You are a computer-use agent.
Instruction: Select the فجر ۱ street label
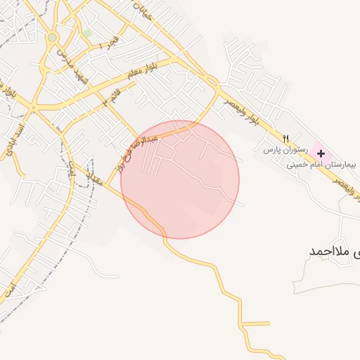105,44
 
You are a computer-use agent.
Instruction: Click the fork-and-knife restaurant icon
285,138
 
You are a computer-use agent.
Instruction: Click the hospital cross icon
321,153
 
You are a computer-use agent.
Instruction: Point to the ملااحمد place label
335,251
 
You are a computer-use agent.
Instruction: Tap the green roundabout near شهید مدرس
52,37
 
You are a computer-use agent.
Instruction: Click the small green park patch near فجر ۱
87,33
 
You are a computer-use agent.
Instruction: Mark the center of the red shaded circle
180,179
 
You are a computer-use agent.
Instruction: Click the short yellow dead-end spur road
257,323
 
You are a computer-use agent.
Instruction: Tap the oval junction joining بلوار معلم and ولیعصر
212,82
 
